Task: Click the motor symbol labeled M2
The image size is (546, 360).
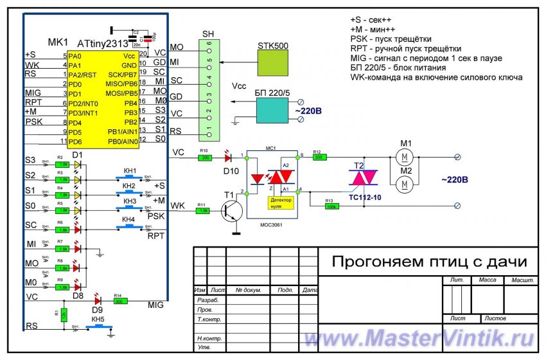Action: point(405,184)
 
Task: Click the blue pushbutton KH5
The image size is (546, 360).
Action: point(98,327)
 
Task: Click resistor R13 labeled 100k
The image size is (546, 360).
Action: point(332,206)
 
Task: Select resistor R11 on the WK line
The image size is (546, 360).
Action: point(202,210)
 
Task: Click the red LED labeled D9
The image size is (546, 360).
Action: point(98,300)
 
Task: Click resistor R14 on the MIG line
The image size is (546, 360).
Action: point(119,300)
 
